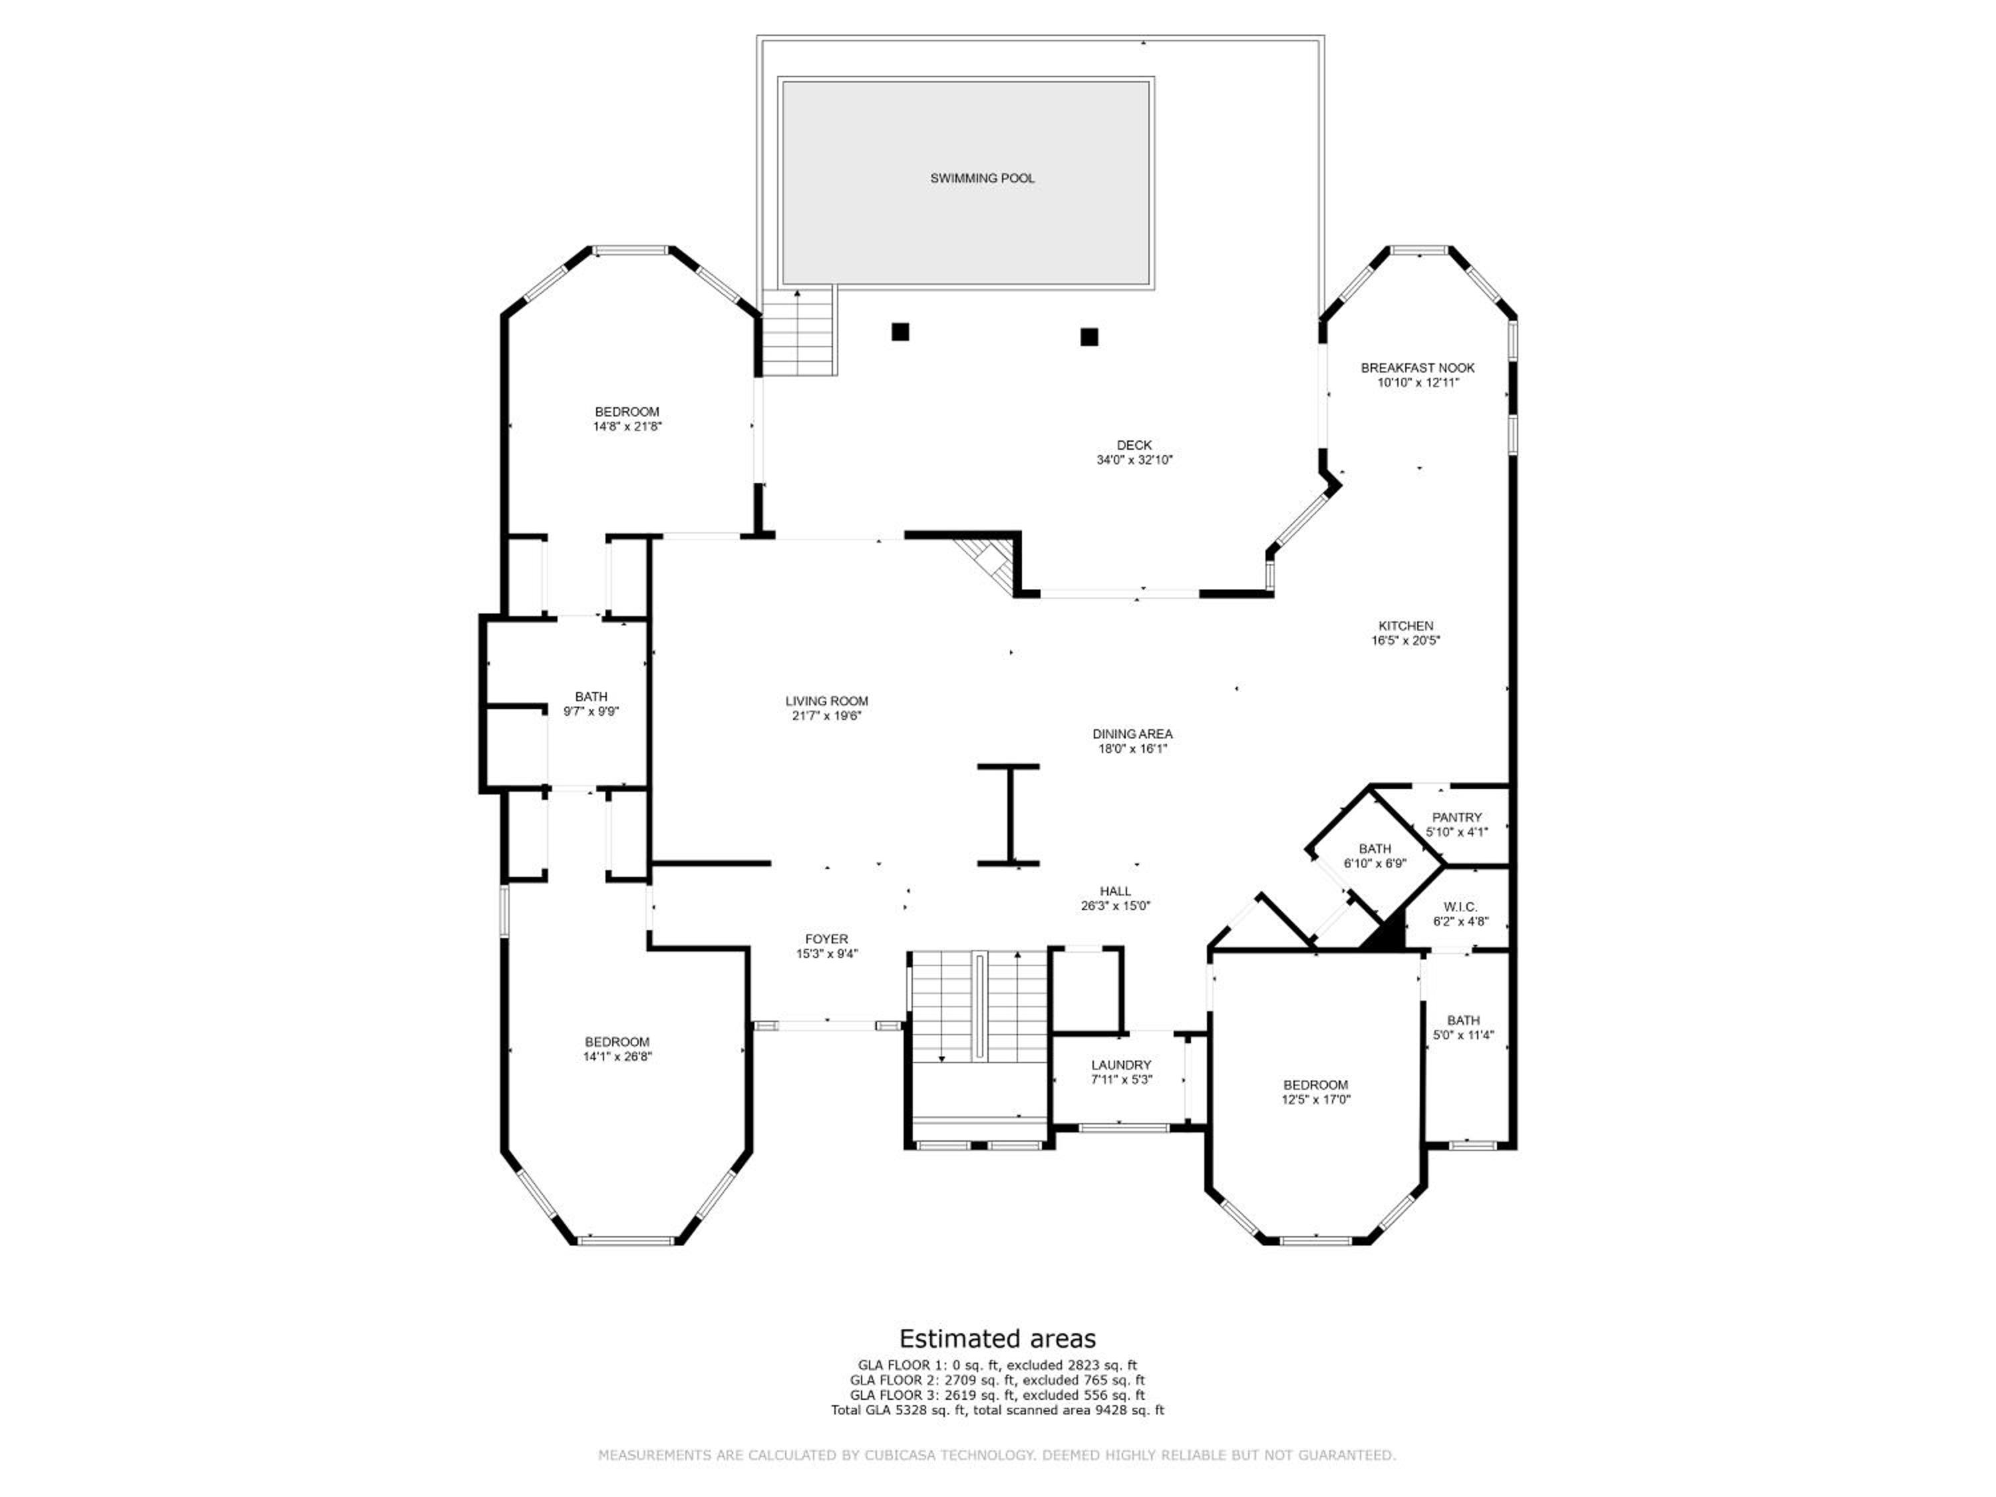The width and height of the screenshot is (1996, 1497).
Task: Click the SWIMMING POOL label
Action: [983, 179]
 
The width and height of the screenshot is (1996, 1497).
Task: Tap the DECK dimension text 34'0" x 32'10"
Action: [1134, 459]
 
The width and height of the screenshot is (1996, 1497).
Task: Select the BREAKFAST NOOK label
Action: [1418, 367]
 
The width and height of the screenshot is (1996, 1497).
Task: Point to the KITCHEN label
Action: [1406, 625]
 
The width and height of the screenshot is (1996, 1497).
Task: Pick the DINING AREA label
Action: [1132, 734]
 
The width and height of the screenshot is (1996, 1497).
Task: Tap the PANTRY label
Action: [1457, 818]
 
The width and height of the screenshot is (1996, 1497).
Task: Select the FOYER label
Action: [826, 939]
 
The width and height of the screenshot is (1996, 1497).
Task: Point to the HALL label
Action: [1115, 891]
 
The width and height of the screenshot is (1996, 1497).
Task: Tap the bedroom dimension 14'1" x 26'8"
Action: [617, 1056]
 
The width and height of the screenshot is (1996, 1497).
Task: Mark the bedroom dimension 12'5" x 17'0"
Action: [1315, 1099]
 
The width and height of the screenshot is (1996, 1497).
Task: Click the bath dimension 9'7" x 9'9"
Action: [591, 711]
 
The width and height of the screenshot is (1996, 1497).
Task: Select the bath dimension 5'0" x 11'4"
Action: [1464, 1035]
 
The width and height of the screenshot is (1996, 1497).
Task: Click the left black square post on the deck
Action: [900, 332]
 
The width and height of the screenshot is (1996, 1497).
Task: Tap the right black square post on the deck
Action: [1089, 337]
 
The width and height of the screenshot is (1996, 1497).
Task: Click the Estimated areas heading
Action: [998, 1337]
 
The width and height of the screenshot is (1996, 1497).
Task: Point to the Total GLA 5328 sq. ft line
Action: [998, 1409]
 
